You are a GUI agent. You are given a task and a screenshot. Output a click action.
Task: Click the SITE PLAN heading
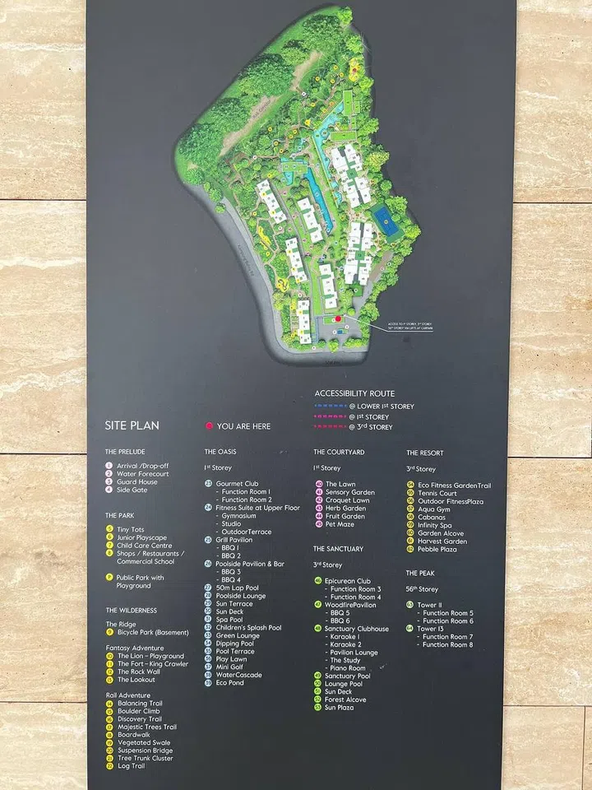coord(132,425)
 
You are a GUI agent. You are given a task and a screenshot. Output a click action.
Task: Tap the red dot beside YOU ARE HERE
coord(209,426)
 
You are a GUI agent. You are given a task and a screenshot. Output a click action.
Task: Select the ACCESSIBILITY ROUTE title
coord(354,393)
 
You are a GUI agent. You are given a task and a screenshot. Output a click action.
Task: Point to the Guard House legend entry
coord(136,481)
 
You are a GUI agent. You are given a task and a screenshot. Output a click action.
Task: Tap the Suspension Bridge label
coord(145,750)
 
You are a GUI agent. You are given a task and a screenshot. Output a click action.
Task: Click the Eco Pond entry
coord(229,683)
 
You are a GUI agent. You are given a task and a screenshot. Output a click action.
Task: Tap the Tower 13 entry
coord(432,629)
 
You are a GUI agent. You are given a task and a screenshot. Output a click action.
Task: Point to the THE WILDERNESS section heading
coord(131,611)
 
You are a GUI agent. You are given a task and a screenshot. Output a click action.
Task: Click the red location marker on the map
coord(337,318)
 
